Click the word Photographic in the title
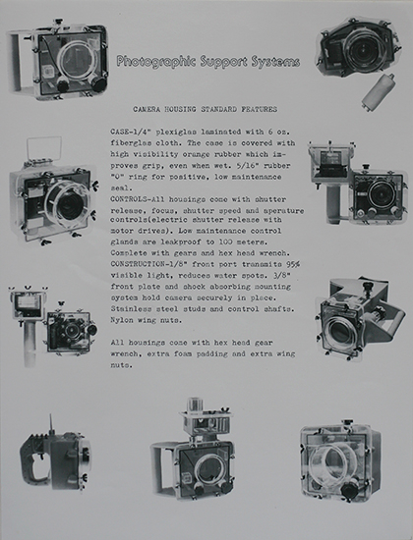pos(156,61)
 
